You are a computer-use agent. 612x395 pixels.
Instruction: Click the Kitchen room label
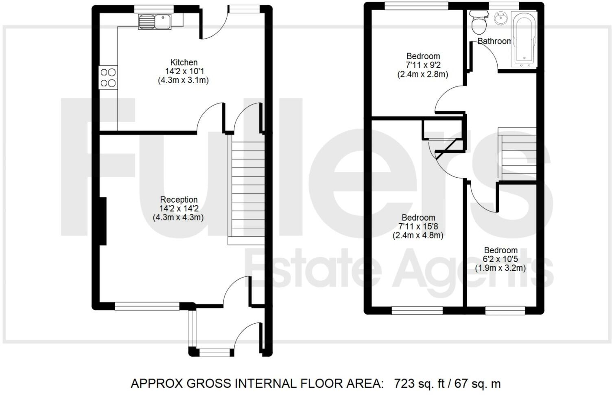(184, 62)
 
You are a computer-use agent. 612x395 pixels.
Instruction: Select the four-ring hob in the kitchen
(108, 77)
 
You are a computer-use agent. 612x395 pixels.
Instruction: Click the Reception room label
(179, 199)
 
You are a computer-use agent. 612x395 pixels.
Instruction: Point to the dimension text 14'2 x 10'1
(183, 71)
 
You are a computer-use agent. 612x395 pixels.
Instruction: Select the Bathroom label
(494, 41)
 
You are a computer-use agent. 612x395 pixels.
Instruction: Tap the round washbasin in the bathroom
(500, 18)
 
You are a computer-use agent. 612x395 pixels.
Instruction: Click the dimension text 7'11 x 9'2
(423, 65)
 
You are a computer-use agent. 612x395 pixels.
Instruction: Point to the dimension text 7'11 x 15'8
(418, 226)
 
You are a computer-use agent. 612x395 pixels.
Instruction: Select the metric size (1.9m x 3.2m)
(501, 268)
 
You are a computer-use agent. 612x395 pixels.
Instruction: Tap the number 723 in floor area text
(404, 384)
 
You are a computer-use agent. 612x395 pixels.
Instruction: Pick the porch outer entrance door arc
(247, 336)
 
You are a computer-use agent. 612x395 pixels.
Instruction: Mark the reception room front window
(147, 306)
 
